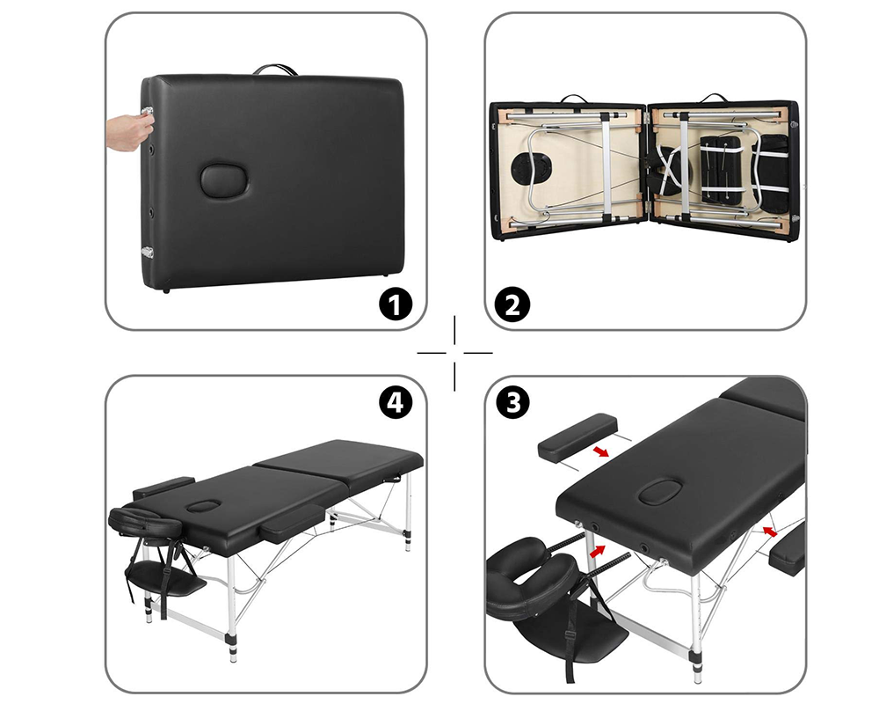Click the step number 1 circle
[x=395, y=304]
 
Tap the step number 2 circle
[x=513, y=304]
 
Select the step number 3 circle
[x=513, y=402]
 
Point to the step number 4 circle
[x=395, y=402]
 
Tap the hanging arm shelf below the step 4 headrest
[x=167, y=582]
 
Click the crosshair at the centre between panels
[x=454, y=352]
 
